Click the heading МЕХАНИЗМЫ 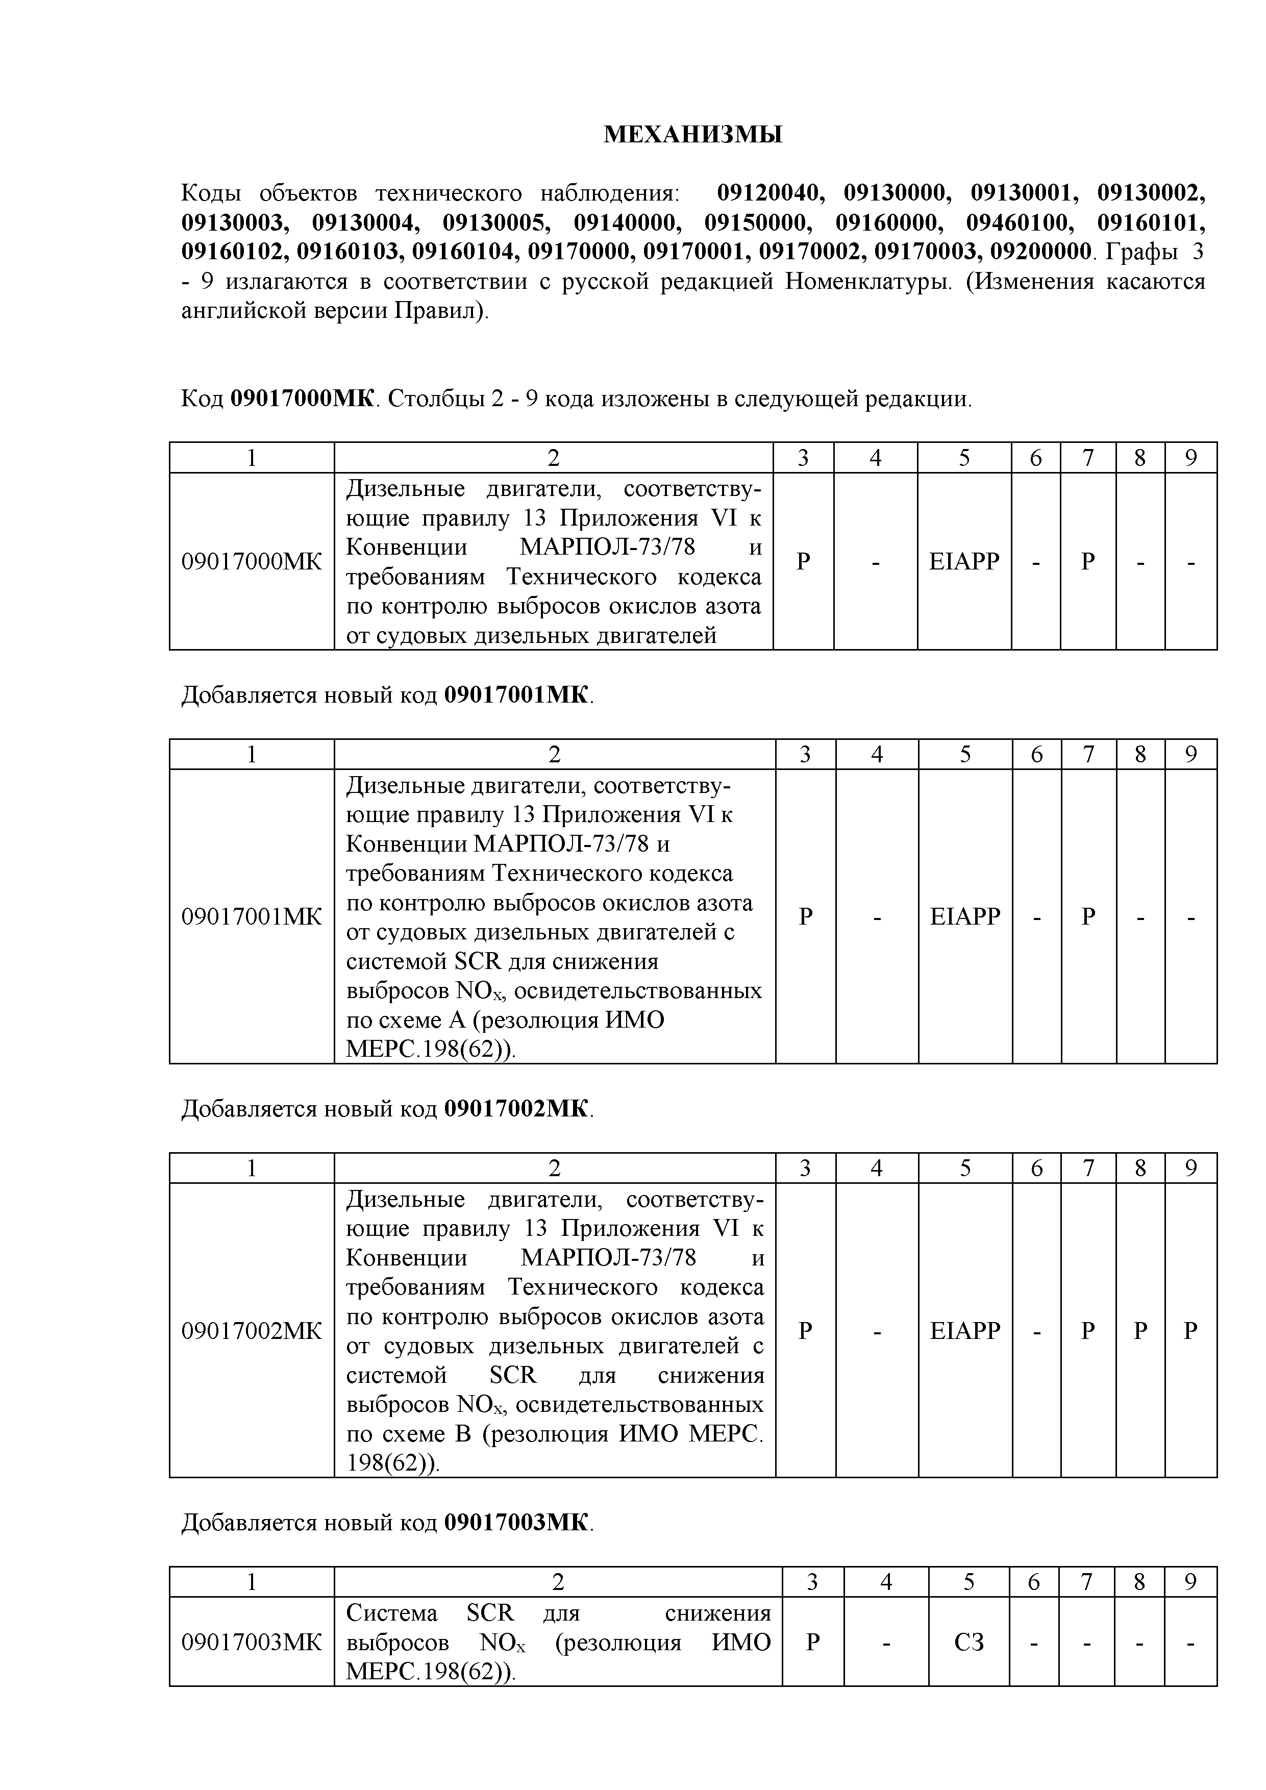tap(693, 135)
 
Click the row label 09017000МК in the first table tap(251, 561)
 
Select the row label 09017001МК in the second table tap(251, 916)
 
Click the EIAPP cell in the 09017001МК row tap(964, 916)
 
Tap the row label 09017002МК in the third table tap(251, 1330)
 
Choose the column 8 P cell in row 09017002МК tap(1140, 1330)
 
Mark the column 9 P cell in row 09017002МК tap(1190, 1330)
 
